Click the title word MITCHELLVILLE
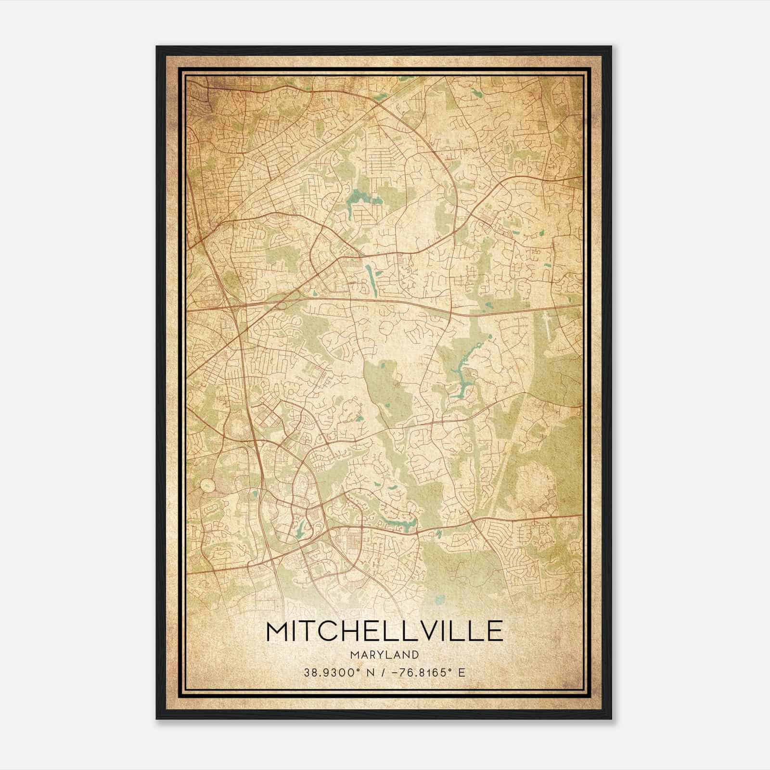385,631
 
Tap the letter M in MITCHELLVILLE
279,631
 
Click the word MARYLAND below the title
385,654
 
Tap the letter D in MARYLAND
415,654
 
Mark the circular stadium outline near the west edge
207,484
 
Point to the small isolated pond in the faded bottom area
438,600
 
